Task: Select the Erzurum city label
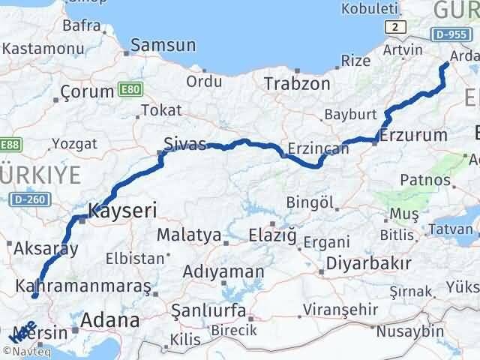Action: pos(413,136)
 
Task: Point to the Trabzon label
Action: pos(296,84)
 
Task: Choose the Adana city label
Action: pos(112,320)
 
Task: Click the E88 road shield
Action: pos(10,144)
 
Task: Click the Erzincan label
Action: pos(318,148)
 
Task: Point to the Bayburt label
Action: pos(349,115)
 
